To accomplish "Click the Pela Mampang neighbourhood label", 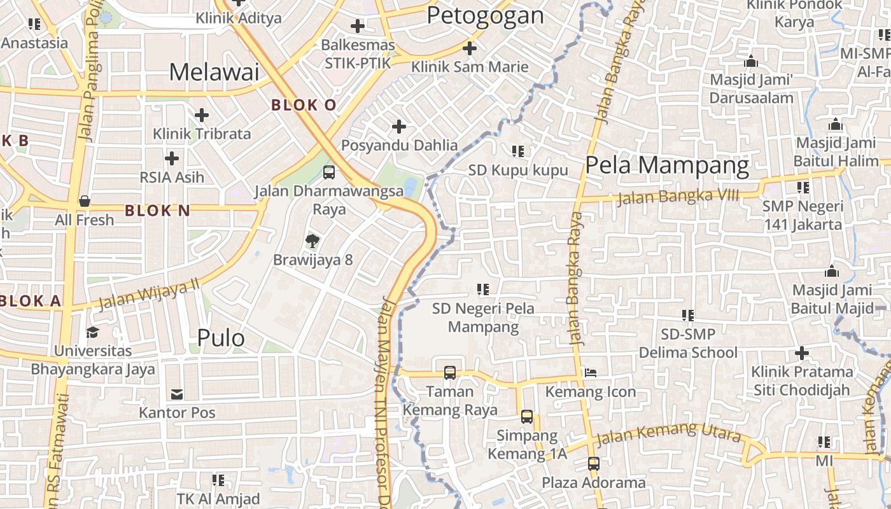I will tap(667, 165).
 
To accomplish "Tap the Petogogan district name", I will tap(485, 15).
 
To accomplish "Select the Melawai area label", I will tap(214, 72).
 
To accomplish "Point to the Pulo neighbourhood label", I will tap(221, 338).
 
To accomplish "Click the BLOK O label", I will tap(304, 105).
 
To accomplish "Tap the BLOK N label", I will tap(157, 211).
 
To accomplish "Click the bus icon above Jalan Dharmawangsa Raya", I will tap(329, 172).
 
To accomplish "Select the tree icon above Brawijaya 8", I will tap(312, 241).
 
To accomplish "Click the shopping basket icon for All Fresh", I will tap(84, 201).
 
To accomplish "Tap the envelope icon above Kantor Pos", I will tap(177, 394).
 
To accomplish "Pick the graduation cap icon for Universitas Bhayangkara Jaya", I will tap(93, 332).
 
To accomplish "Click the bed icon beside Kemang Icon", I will tap(591, 373).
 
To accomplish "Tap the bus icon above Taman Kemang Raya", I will tap(450, 372).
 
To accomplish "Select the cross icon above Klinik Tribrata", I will tap(202, 115).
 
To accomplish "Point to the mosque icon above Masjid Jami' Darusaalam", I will tap(751, 61).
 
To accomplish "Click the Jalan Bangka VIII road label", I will tap(678, 197).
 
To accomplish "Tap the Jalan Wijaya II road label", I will tap(149, 294).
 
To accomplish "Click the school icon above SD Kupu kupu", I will tap(518, 151).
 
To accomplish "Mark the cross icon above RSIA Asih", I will tap(172, 158).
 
